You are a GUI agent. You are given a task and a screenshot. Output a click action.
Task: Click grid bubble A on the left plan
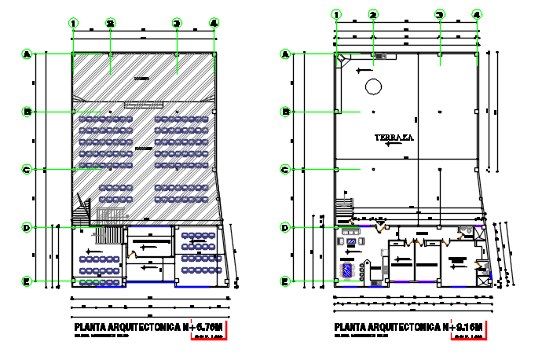27,54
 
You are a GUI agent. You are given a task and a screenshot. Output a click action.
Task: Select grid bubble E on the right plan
287,281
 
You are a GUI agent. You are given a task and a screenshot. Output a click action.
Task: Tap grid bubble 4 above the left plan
214,24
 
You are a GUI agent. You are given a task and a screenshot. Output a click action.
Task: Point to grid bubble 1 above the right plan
337,14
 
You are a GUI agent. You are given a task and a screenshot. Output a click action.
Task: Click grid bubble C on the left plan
27,169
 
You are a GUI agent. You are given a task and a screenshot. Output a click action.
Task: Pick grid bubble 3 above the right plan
440,14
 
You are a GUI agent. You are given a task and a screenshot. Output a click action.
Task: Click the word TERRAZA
394,138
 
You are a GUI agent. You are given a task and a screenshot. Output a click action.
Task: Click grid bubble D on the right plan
287,228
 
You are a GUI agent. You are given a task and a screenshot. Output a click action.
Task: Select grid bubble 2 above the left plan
111,24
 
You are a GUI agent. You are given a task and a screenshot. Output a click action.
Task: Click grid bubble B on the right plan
287,112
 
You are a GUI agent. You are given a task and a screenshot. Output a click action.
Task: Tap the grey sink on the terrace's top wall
380,57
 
